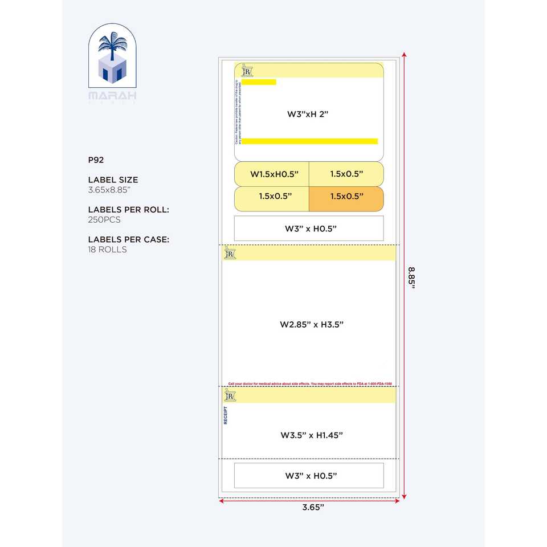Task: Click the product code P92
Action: point(95,160)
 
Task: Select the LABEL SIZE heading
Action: point(113,180)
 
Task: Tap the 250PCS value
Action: point(104,219)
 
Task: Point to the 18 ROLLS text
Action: point(107,250)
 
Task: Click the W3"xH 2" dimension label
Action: point(308,114)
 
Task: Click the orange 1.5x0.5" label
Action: point(346,197)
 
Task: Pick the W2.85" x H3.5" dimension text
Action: point(312,324)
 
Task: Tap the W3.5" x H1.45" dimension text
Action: point(312,435)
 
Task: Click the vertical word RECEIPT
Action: point(226,415)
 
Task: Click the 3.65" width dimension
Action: point(313,507)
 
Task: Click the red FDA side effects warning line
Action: point(310,384)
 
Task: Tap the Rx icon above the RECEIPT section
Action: point(230,395)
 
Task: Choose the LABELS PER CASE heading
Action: point(129,239)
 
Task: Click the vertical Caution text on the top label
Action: point(237,112)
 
